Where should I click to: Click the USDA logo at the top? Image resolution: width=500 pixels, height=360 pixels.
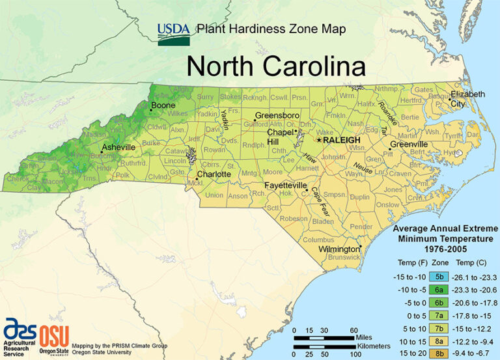point(174,33)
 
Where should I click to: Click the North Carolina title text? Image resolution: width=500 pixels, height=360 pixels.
point(276,66)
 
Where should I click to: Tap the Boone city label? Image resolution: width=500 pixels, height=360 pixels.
point(163,105)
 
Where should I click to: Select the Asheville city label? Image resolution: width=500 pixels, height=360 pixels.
point(118,148)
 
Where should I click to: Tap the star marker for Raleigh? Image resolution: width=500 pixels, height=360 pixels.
point(319,139)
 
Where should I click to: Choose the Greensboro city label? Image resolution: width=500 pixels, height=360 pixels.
point(277,115)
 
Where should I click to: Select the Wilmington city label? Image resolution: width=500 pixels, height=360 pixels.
point(339,249)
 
